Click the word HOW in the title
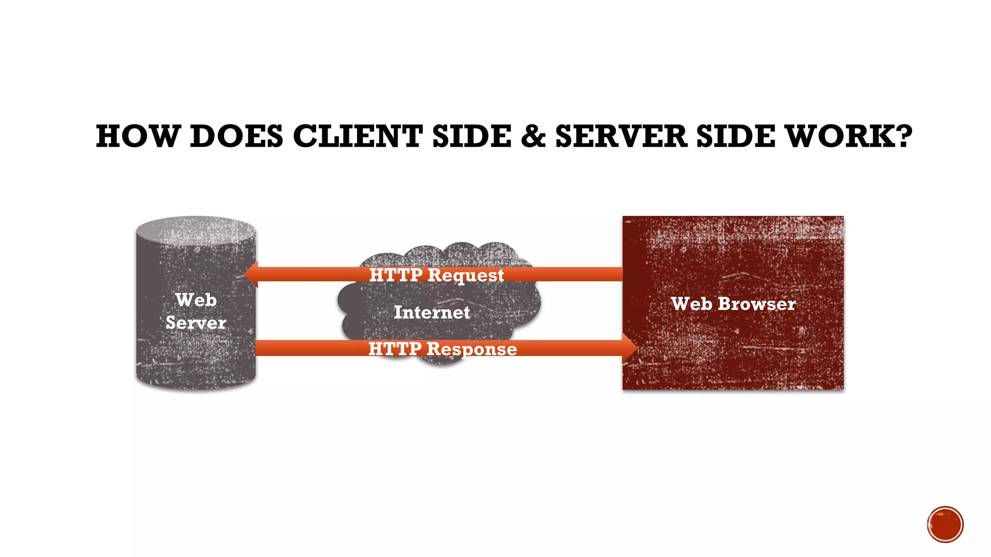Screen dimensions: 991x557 [x=137, y=136]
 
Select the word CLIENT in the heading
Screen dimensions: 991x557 [x=358, y=136]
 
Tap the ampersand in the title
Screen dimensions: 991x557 [x=533, y=136]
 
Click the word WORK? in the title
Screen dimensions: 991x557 [x=849, y=136]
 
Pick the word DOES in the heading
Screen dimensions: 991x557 [x=236, y=136]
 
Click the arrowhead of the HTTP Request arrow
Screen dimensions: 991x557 [x=251, y=274]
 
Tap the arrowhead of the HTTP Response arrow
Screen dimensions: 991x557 [x=630, y=348]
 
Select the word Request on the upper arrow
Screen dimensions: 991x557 [x=465, y=276]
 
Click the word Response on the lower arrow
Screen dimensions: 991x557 [x=472, y=349]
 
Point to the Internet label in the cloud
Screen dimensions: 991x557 [x=432, y=312]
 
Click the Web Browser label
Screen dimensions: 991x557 [x=733, y=304]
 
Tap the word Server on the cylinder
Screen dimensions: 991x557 [x=196, y=322]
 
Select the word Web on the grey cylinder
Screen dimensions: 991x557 [x=196, y=300]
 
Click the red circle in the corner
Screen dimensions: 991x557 [x=945, y=525]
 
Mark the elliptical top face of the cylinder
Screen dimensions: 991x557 [x=196, y=231]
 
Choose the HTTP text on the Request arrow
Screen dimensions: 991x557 [x=396, y=275]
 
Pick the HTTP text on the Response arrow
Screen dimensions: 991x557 [x=395, y=349]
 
